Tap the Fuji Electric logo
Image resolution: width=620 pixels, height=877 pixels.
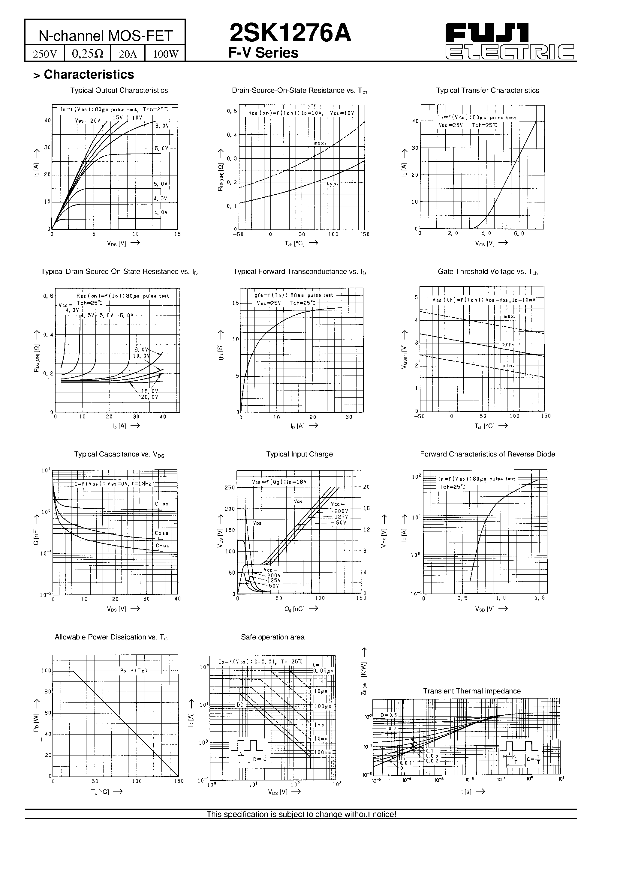click(510, 41)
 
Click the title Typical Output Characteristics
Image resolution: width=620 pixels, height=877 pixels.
click(119, 91)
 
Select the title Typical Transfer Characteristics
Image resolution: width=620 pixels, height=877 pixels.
click(487, 91)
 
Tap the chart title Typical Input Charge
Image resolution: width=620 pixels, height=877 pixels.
click(299, 454)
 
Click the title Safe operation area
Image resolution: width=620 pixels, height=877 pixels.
click(272, 637)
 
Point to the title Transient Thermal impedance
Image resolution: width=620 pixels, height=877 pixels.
click(472, 691)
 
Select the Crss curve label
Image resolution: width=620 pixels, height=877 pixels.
click(162, 546)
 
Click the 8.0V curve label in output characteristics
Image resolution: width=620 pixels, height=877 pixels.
click(162, 125)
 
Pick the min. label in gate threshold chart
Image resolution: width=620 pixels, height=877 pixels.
click(508, 366)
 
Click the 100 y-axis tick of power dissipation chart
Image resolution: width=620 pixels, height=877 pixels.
click(46, 671)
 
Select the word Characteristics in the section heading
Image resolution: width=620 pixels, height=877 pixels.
click(89, 74)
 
